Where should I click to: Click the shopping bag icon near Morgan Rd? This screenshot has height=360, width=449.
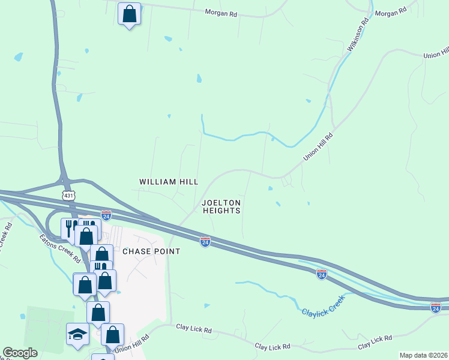129,13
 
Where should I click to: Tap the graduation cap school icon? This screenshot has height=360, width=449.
77,334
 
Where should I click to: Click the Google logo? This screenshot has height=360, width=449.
20,353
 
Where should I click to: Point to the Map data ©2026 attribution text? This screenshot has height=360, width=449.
423,355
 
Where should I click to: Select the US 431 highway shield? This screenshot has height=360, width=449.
68,196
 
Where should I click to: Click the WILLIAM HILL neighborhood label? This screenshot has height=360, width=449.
169,181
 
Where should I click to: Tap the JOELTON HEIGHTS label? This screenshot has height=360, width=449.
221,206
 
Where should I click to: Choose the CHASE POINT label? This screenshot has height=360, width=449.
151,251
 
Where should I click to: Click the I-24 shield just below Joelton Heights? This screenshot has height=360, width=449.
205,241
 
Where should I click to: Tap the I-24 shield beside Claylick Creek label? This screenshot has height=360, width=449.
322,274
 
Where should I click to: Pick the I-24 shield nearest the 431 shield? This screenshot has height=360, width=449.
106,215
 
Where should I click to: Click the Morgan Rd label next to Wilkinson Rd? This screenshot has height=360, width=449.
390,11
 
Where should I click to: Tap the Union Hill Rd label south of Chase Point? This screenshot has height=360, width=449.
131,347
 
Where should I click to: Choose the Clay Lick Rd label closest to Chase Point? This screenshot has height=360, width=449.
194,329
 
